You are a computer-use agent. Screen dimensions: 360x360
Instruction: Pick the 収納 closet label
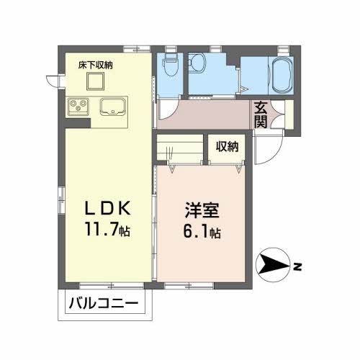point(228,146)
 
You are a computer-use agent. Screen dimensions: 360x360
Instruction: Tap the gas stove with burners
point(78,109)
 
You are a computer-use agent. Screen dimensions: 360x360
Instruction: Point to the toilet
point(171,67)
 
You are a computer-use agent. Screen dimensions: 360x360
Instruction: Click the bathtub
point(279,74)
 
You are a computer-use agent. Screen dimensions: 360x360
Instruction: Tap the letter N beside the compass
point(297,269)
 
